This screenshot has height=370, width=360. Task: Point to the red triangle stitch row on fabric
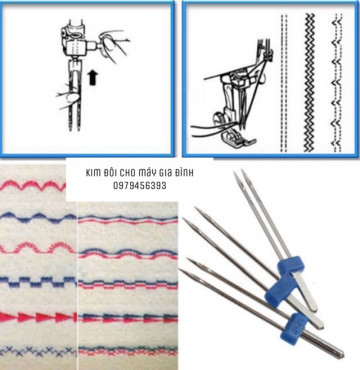pyautogui.click(x=40, y=319)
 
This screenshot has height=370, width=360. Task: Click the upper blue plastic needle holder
pyautogui.click(x=278, y=263)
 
